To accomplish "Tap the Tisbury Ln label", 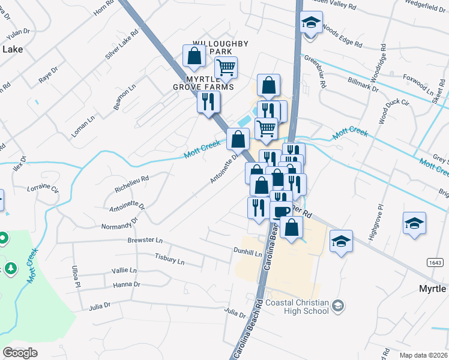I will point(169,260).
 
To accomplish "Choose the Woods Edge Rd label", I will point(342,35).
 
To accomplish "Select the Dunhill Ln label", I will point(248,253).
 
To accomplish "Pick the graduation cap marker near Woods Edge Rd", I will point(310,23).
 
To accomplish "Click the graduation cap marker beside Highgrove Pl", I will point(415,223).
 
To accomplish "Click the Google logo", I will point(20,352).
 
